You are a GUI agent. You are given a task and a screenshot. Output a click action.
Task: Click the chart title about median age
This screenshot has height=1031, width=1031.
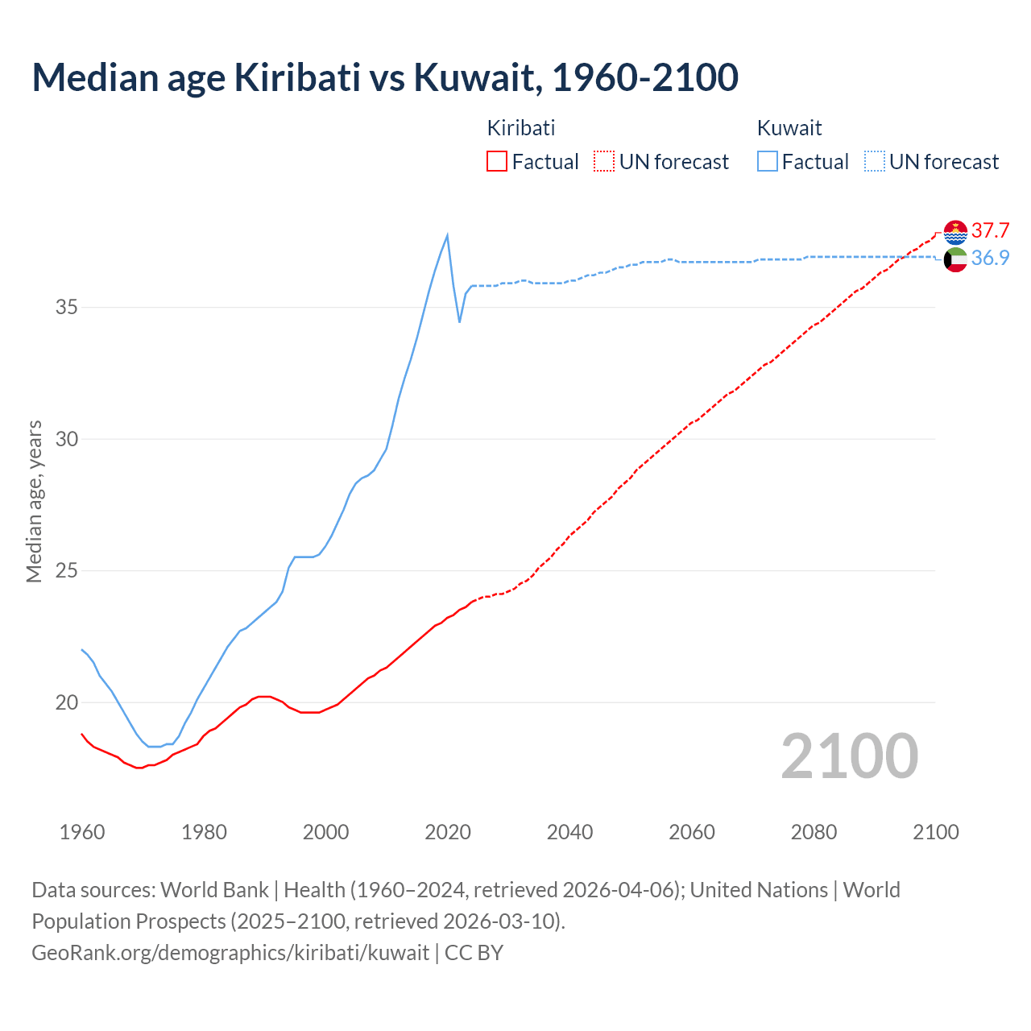(x=385, y=77)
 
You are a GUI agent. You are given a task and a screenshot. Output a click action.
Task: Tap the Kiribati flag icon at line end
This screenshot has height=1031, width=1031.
(x=955, y=232)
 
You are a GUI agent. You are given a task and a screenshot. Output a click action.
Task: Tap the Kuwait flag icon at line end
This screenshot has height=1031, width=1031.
(x=955, y=259)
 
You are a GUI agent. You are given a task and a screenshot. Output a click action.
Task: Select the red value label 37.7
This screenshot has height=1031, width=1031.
(x=990, y=231)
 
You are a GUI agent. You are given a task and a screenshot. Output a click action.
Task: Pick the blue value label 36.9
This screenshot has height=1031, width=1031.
(x=990, y=259)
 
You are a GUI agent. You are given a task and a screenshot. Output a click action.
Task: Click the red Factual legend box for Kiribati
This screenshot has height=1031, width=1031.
(x=497, y=162)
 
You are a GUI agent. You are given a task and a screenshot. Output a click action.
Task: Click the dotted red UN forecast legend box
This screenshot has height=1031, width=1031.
(x=604, y=162)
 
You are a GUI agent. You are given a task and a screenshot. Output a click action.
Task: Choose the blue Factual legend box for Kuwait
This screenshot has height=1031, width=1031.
(x=768, y=162)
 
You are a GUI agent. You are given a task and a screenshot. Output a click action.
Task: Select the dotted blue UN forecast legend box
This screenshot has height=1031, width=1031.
(x=875, y=162)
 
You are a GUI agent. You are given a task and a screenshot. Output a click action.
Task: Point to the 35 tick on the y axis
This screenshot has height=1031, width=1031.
(x=67, y=308)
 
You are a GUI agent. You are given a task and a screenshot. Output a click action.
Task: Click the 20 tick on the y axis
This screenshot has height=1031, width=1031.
(x=67, y=703)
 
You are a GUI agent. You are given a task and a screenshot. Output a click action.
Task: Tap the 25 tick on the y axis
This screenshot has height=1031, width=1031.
(x=67, y=571)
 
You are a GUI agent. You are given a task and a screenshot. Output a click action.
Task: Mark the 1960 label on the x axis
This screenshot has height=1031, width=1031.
(x=82, y=832)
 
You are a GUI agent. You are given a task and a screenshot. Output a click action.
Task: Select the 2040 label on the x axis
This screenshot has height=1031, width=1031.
(x=569, y=832)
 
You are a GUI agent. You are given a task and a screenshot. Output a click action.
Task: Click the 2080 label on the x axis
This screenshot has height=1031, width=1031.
(x=814, y=832)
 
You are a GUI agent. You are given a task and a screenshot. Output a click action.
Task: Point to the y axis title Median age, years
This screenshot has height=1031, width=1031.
(x=34, y=501)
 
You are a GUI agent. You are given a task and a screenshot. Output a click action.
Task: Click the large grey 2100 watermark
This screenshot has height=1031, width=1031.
(x=849, y=756)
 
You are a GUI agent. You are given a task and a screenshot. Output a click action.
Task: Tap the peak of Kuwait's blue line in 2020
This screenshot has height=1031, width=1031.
(x=447, y=235)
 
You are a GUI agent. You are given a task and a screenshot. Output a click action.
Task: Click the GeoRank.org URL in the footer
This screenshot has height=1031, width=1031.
(x=230, y=953)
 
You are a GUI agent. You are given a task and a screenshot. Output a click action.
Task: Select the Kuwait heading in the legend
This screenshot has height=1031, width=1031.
(x=789, y=128)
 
